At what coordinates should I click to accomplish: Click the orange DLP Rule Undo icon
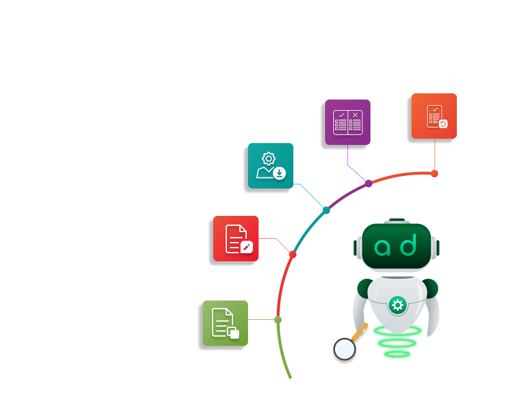[x=434, y=116]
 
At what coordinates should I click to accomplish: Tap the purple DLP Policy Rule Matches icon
[x=347, y=122]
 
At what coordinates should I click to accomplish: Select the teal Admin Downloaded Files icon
[x=270, y=165]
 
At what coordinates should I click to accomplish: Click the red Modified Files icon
[x=236, y=238]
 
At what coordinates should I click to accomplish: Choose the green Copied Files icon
[x=225, y=323]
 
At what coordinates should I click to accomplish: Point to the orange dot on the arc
[x=434, y=174]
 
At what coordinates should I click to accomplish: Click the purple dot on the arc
[x=369, y=184]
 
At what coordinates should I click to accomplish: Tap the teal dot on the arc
[x=326, y=210]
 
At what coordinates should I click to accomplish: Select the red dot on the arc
[x=293, y=254]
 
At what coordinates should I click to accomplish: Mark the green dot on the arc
[x=278, y=320]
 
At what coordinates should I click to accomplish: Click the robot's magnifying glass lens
[x=344, y=349]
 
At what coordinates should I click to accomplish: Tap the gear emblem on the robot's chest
[x=397, y=305]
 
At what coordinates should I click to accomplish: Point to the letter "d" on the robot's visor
[x=408, y=246]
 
